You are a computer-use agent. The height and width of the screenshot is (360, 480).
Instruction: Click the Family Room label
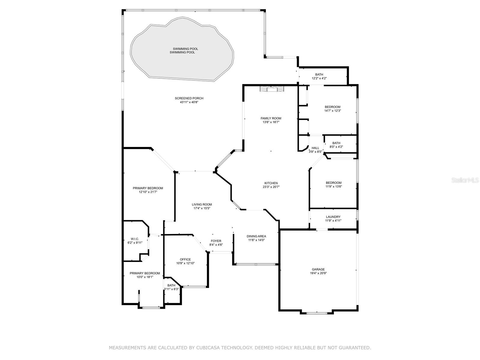pyautogui.click(x=271, y=118)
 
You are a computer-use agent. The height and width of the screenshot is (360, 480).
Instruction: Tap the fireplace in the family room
pyautogui.click(x=271, y=89)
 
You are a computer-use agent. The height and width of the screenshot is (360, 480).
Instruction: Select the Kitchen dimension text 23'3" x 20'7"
pyautogui.click(x=271, y=187)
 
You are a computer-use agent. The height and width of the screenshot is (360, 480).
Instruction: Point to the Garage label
pyautogui.click(x=318, y=269)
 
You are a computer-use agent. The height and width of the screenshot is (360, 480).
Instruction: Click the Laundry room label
pyautogui.click(x=333, y=217)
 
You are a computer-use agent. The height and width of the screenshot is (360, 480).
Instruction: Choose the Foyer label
pyautogui.click(x=216, y=241)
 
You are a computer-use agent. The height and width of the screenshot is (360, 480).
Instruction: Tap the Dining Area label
pyautogui.click(x=256, y=236)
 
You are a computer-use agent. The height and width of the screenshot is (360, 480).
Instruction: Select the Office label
pyautogui.click(x=185, y=259)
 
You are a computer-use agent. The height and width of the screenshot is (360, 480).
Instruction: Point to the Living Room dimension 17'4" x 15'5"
pyautogui.click(x=202, y=208)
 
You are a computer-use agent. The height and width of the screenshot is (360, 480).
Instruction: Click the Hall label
pyautogui.click(x=315, y=148)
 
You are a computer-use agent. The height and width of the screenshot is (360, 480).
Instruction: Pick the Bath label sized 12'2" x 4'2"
pyautogui.click(x=319, y=74)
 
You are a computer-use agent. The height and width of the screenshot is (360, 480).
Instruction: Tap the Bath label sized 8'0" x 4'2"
pyautogui.click(x=336, y=143)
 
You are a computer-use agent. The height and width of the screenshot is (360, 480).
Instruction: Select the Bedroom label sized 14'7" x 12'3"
pyautogui.click(x=333, y=107)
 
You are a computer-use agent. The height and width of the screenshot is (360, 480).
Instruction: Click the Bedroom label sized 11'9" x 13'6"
pyautogui.click(x=334, y=183)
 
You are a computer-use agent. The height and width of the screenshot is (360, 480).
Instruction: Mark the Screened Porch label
pyautogui.click(x=189, y=98)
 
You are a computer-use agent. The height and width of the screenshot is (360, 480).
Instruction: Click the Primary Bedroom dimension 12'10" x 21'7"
pyautogui.click(x=148, y=192)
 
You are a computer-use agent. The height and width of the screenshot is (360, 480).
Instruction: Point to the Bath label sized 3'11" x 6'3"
pyautogui.click(x=171, y=285)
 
